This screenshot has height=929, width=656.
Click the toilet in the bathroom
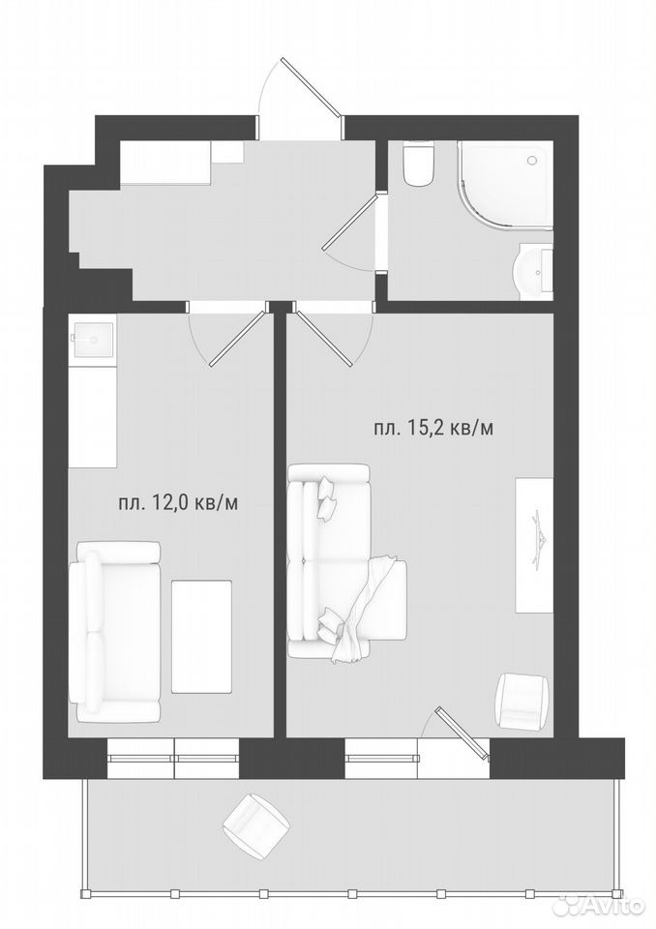(419, 163)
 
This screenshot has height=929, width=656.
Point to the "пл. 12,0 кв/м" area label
(178, 503)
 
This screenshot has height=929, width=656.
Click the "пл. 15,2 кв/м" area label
(433, 428)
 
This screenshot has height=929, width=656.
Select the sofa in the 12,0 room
(114, 631)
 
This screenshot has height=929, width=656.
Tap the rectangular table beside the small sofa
(201, 637)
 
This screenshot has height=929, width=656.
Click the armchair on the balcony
(255, 823)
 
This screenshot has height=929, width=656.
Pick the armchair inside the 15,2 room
(522, 701)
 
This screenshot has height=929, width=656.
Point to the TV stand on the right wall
(534, 545)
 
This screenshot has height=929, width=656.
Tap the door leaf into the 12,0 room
(238, 337)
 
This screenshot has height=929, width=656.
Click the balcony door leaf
(463, 733)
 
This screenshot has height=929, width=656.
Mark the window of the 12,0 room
(173, 758)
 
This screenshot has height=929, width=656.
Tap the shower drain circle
(531, 160)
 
